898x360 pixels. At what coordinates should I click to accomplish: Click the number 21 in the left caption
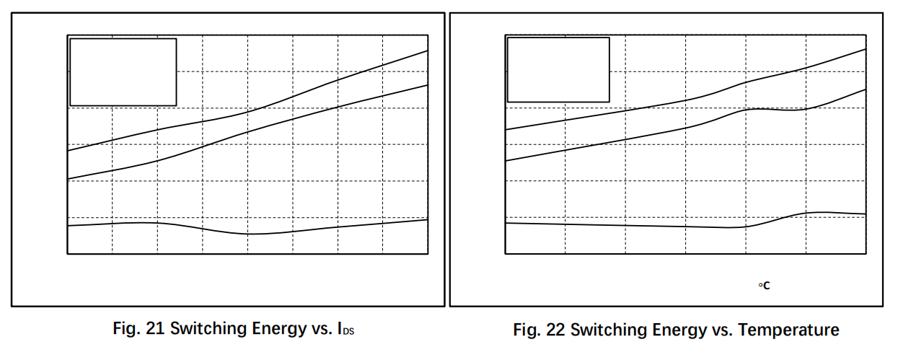pyautogui.click(x=155, y=328)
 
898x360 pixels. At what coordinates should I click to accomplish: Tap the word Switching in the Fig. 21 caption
pyautogui.click(x=208, y=329)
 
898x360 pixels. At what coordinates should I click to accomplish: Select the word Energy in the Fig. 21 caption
pyautogui.click(x=279, y=330)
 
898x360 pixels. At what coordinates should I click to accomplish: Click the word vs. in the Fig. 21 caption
pyautogui.click(x=322, y=329)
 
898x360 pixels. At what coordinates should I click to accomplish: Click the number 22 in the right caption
pyautogui.click(x=555, y=330)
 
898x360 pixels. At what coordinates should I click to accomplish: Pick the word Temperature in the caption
pyautogui.click(x=788, y=330)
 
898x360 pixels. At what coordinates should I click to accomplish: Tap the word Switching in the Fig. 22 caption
pyautogui.click(x=609, y=330)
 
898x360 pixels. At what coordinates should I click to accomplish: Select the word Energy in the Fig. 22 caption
pyautogui.click(x=679, y=330)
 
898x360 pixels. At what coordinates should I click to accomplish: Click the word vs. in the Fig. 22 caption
pyautogui.click(x=723, y=330)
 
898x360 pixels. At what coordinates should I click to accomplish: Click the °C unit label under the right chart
pyautogui.click(x=764, y=286)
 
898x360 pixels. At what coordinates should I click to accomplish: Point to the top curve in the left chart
pyautogui.click(x=247, y=113)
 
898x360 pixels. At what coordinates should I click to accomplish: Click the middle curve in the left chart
pyautogui.click(x=247, y=132)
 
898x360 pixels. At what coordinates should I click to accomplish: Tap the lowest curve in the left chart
pyautogui.click(x=247, y=234)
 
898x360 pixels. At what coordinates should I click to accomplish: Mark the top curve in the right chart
pyautogui.click(x=685, y=100)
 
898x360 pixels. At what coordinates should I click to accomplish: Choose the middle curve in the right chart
pyautogui.click(x=685, y=128)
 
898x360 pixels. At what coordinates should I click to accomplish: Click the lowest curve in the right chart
pyautogui.click(x=685, y=227)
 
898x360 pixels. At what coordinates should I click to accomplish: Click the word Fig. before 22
pyautogui.click(x=527, y=330)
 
